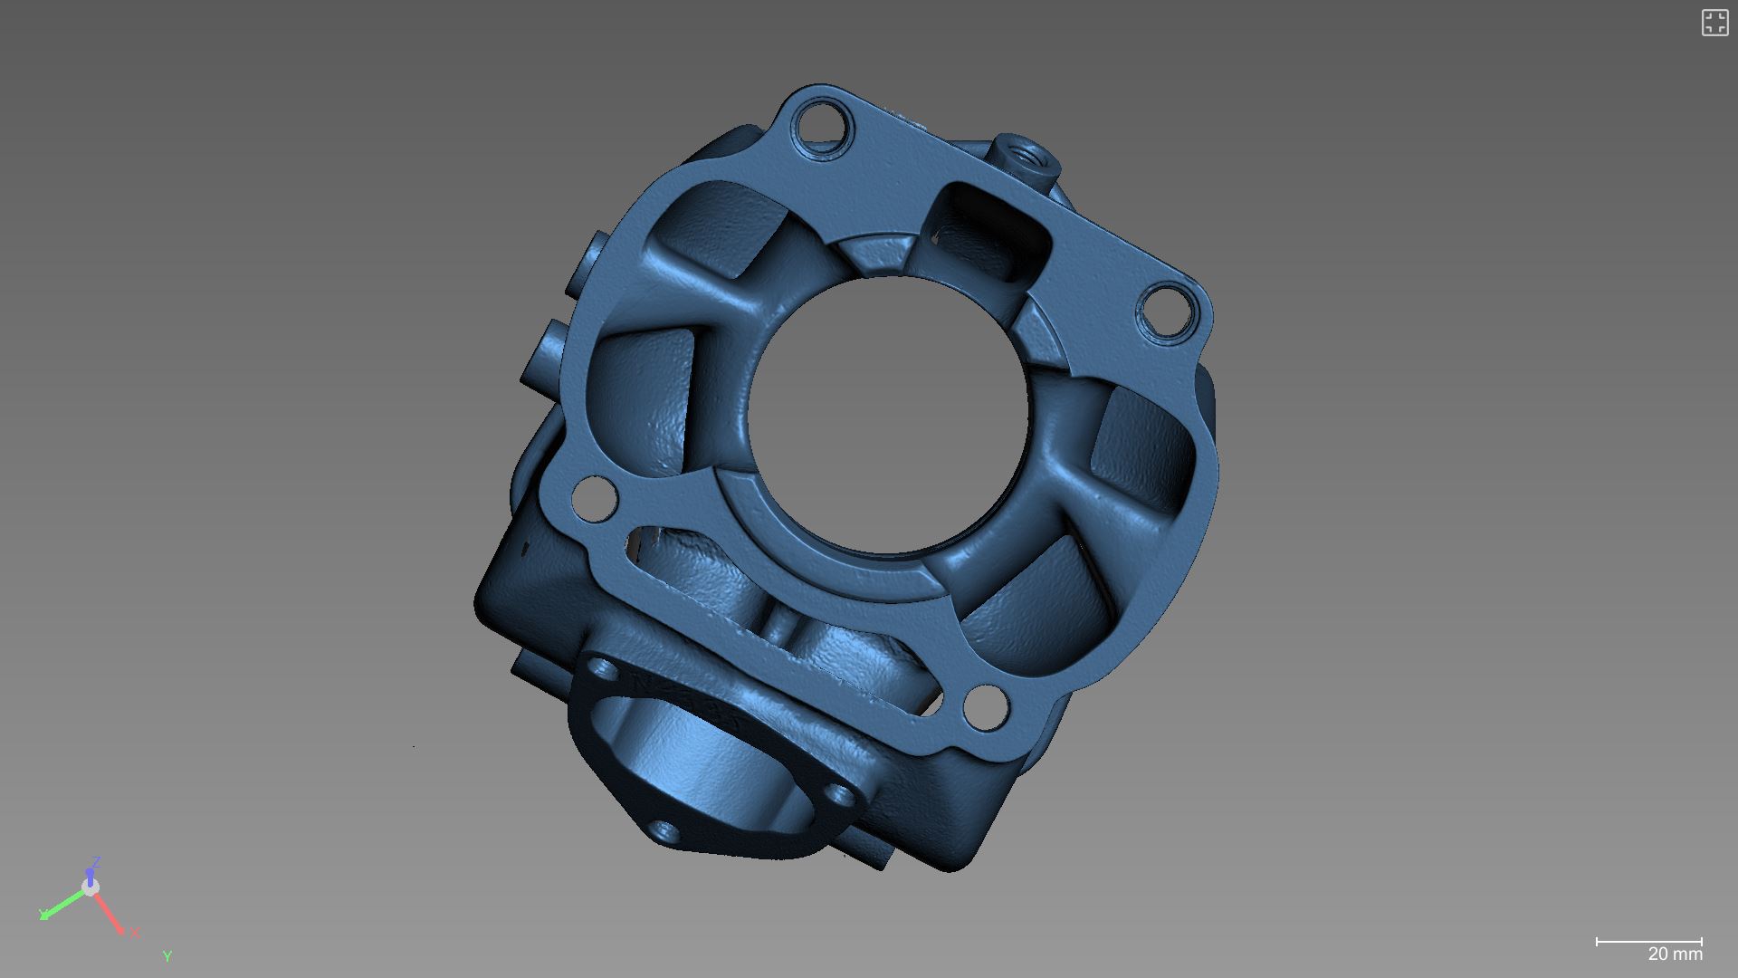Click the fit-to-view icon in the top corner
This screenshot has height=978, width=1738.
coord(1714,23)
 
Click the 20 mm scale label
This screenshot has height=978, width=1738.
coord(1675,954)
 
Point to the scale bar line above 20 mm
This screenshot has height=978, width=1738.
coord(1648,942)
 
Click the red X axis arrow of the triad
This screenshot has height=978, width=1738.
coord(110,912)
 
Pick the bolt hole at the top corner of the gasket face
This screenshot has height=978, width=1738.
coord(823,126)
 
